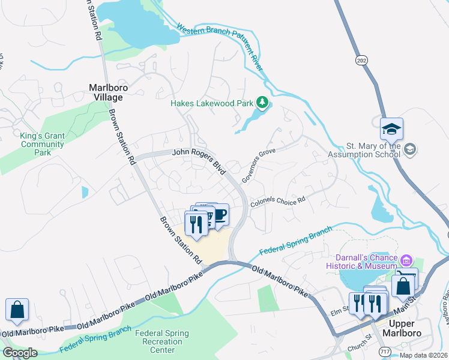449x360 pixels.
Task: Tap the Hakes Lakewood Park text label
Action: point(212,103)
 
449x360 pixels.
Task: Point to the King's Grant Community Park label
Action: point(41,144)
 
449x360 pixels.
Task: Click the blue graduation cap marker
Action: point(391,129)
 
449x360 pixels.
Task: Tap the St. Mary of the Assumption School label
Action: point(373,150)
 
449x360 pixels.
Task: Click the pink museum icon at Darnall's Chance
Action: point(406,260)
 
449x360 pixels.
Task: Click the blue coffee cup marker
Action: point(220,214)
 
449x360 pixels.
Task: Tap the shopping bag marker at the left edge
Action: point(17,310)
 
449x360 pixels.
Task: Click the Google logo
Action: point(19,353)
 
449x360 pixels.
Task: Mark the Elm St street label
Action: point(340,313)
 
